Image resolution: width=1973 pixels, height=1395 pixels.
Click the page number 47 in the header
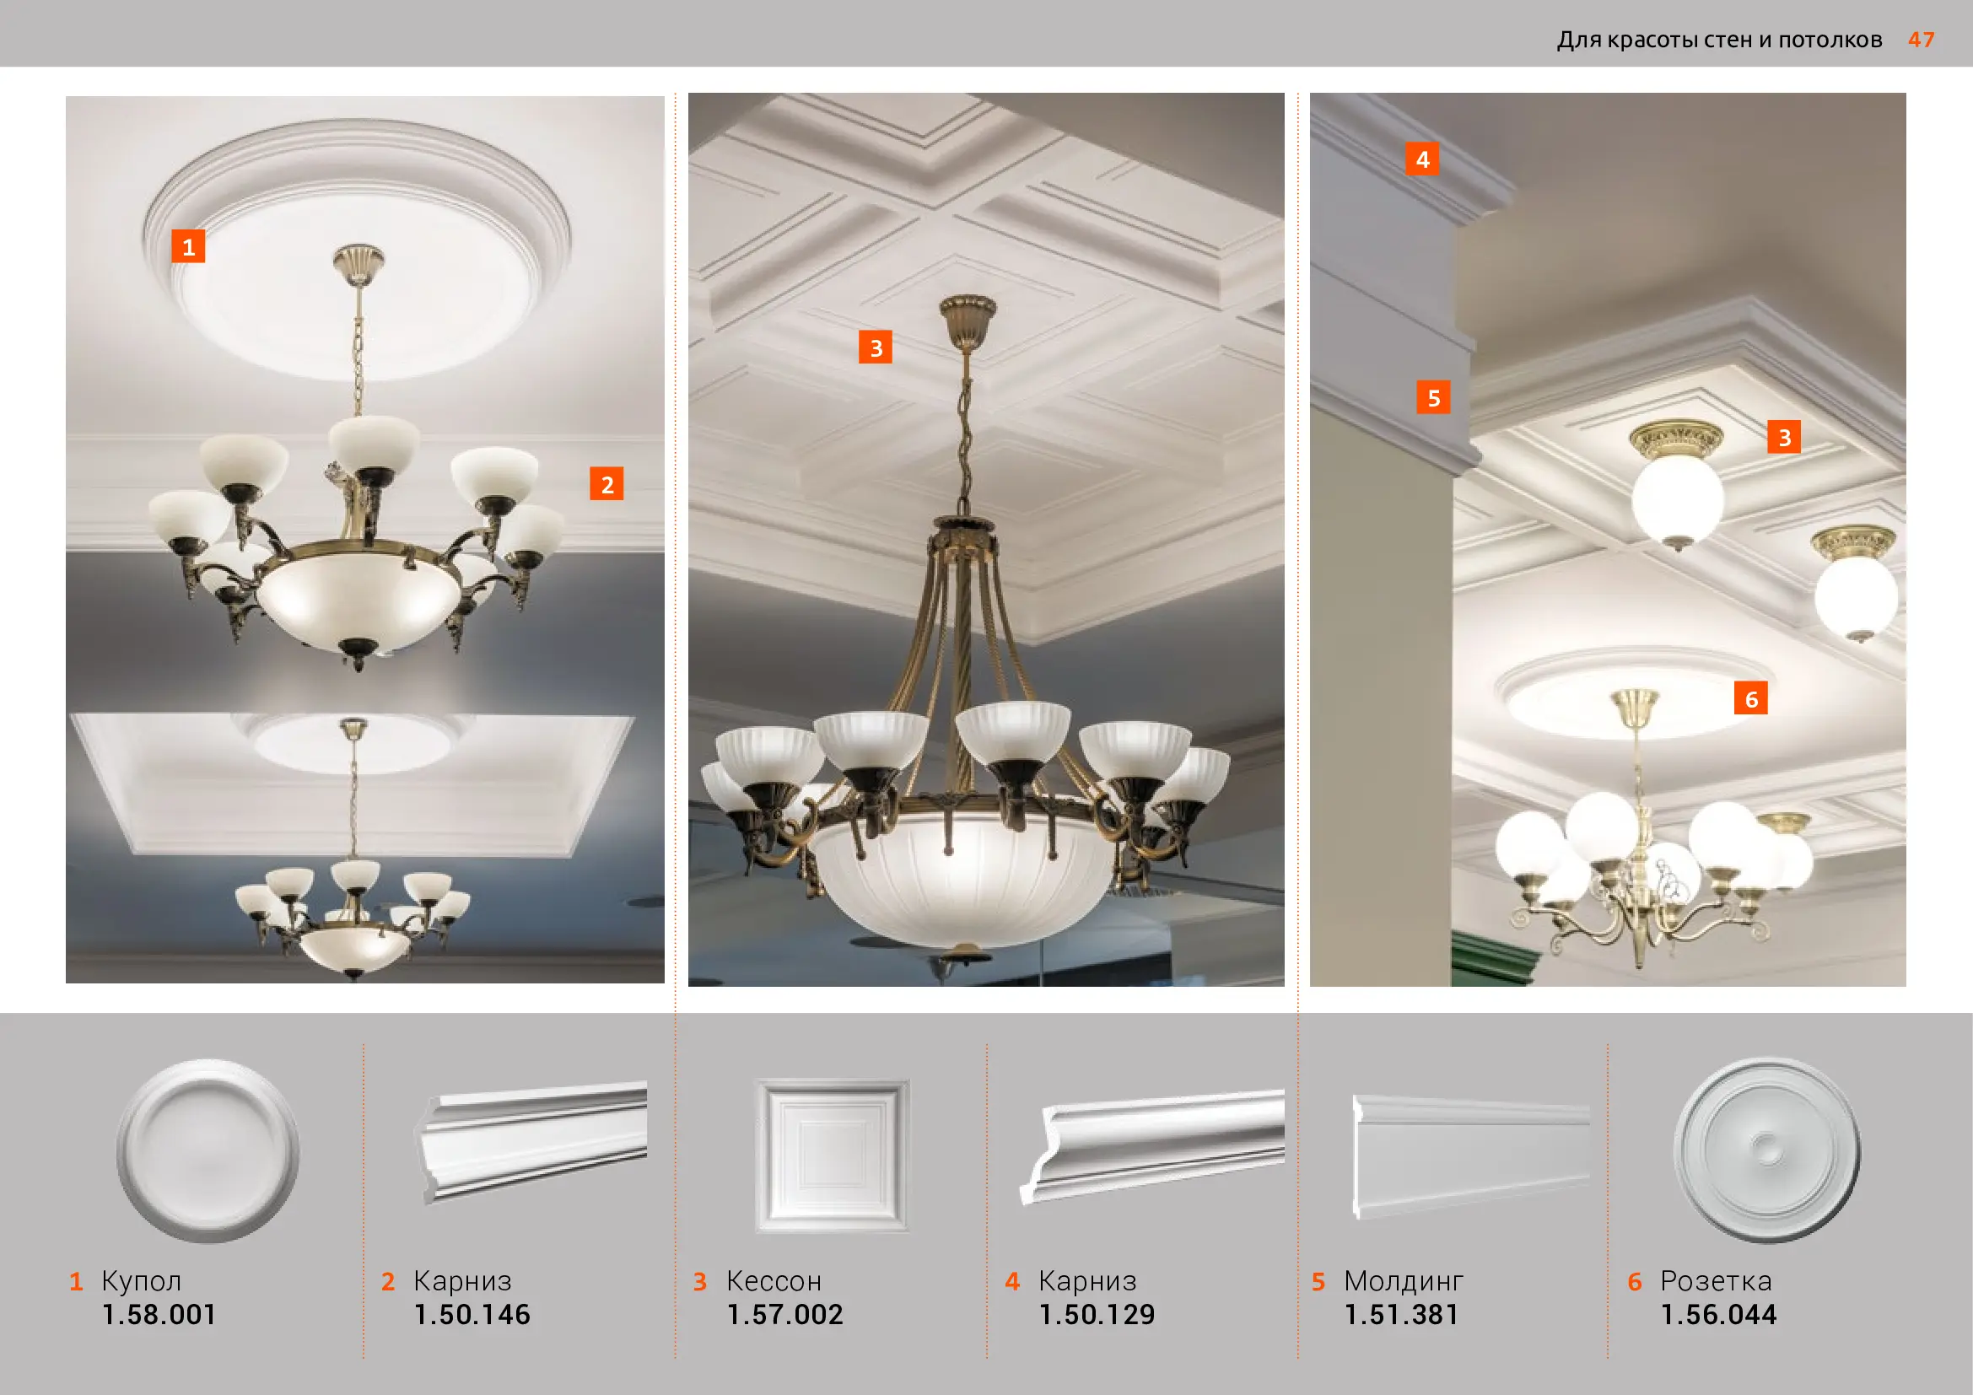tap(1922, 40)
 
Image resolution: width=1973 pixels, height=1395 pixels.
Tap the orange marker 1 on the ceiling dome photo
tap(188, 246)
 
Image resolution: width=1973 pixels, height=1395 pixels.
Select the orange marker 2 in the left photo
tap(606, 483)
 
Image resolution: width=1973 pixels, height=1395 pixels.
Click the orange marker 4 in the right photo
tap(1422, 159)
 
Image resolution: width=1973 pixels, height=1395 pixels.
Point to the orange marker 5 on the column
tap(1433, 398)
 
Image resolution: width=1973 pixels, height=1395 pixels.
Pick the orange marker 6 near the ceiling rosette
tap(1750, 698)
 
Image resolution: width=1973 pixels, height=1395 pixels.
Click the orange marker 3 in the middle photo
tap(876, 347)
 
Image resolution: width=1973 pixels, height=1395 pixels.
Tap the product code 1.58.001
tap(159, 1314)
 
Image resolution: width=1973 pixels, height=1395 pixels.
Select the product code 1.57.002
tap(785, 1314)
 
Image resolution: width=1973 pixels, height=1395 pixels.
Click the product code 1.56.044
tap(1718, 1314)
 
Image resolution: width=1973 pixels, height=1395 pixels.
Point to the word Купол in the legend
tap(142, 1281)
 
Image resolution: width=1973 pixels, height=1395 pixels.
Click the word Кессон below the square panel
tap(774, 1281)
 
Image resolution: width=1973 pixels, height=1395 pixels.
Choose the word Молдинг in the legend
tap(1404, 1281)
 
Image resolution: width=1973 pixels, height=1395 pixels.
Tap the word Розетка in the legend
tap(1716, 1281)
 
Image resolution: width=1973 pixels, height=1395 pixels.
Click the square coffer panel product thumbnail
tap(832, 1155)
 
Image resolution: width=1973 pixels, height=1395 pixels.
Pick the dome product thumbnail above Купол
tap(208, 1150)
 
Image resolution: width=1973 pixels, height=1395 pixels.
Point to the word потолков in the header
tap(1830, 40)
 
